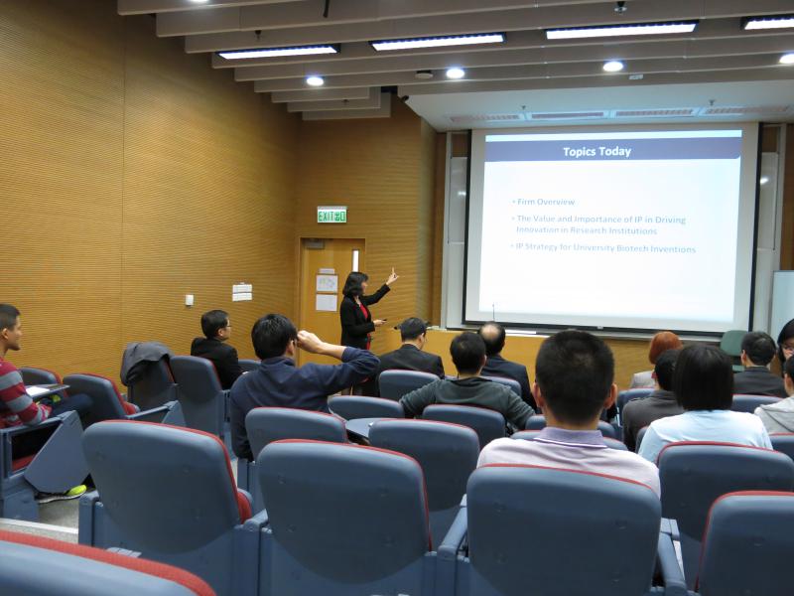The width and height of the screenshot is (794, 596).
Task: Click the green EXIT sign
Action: click(331, 215)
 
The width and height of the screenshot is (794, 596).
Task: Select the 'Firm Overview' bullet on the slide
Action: click(545, 202)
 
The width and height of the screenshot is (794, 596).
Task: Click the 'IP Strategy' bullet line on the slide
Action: click(605, 248)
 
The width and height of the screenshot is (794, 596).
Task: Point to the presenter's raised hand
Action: click(393, 275)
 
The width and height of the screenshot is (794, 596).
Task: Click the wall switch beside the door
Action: click(189, 299)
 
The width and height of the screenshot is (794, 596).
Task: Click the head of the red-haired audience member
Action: click(664, 347)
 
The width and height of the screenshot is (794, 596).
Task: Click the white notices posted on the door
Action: click(327, 292)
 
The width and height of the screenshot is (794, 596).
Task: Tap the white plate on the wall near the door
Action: click(241, 291)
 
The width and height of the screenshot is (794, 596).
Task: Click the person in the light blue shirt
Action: click(705, 407)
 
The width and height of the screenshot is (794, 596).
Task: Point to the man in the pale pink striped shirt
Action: click(573, 417)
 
